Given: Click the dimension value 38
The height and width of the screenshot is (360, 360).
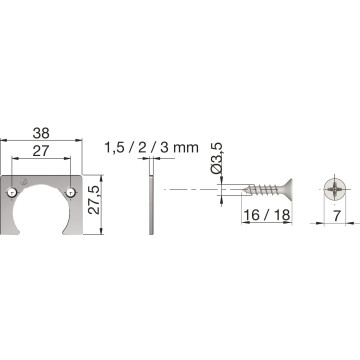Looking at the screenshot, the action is pyautogui.click(x=41, y=133).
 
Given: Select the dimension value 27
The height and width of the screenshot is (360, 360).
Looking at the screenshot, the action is pyautogui.click(x=41, y=151).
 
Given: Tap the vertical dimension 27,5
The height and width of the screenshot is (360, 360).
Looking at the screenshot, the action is pyautogui.click(x=94, y=200).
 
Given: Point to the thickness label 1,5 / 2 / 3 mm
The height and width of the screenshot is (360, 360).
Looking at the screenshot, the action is pyautogui.click(x=152, y=147).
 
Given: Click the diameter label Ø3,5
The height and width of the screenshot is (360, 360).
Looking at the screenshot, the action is pyautogui.click(x=217, y=158).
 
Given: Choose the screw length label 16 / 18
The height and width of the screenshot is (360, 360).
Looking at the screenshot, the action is pyautogui.click(x=267, y=215).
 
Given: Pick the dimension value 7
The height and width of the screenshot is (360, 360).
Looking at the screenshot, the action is pyautogui.click(x=337, y=216).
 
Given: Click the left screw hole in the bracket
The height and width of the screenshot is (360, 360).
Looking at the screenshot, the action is pyautogui.click(x=12, y=192).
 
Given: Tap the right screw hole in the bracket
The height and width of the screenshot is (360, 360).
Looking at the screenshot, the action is pyautogui.click(x=70, y=192).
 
